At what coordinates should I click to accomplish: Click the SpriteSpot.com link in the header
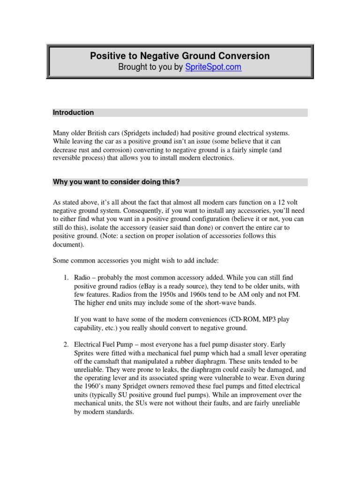pos(213,67)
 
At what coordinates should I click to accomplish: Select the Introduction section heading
pos(73,112)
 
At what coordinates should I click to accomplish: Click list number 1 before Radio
pos(66,278)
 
